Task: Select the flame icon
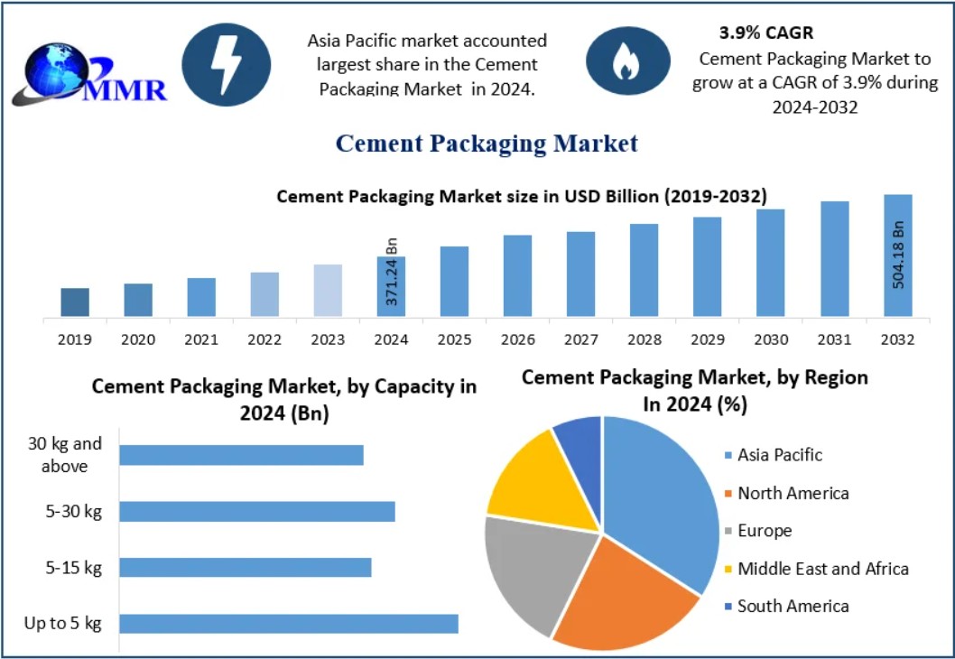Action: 622,61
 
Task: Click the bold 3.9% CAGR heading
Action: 765,33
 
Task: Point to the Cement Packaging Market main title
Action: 487,144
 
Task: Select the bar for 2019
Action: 75,302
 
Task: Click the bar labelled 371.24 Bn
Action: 391,287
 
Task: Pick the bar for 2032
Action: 897,255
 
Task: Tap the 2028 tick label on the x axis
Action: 644,340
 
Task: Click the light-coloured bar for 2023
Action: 328,291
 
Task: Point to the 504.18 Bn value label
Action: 898,255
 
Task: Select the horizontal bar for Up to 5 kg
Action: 289,624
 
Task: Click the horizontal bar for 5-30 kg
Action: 257,512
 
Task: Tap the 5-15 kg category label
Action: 74,568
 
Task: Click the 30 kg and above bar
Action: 241,455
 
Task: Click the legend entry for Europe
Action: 764,531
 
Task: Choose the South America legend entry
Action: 793,607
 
